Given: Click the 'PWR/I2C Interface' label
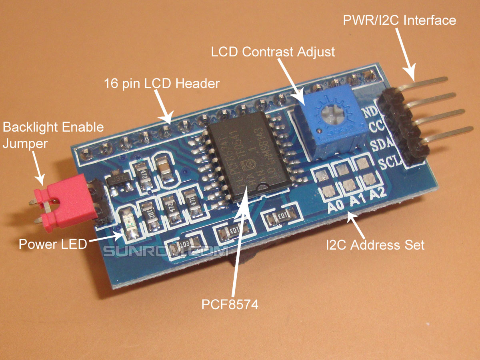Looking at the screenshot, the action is tap(399, 20).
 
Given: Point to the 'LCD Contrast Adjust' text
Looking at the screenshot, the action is tap(273, 52).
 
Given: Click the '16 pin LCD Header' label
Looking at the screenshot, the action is tap(162, 84).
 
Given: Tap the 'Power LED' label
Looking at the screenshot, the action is tap(52, 244).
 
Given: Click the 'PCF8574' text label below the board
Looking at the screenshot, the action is tap(230, 304).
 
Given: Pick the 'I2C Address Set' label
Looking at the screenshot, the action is tap(375, 244).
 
